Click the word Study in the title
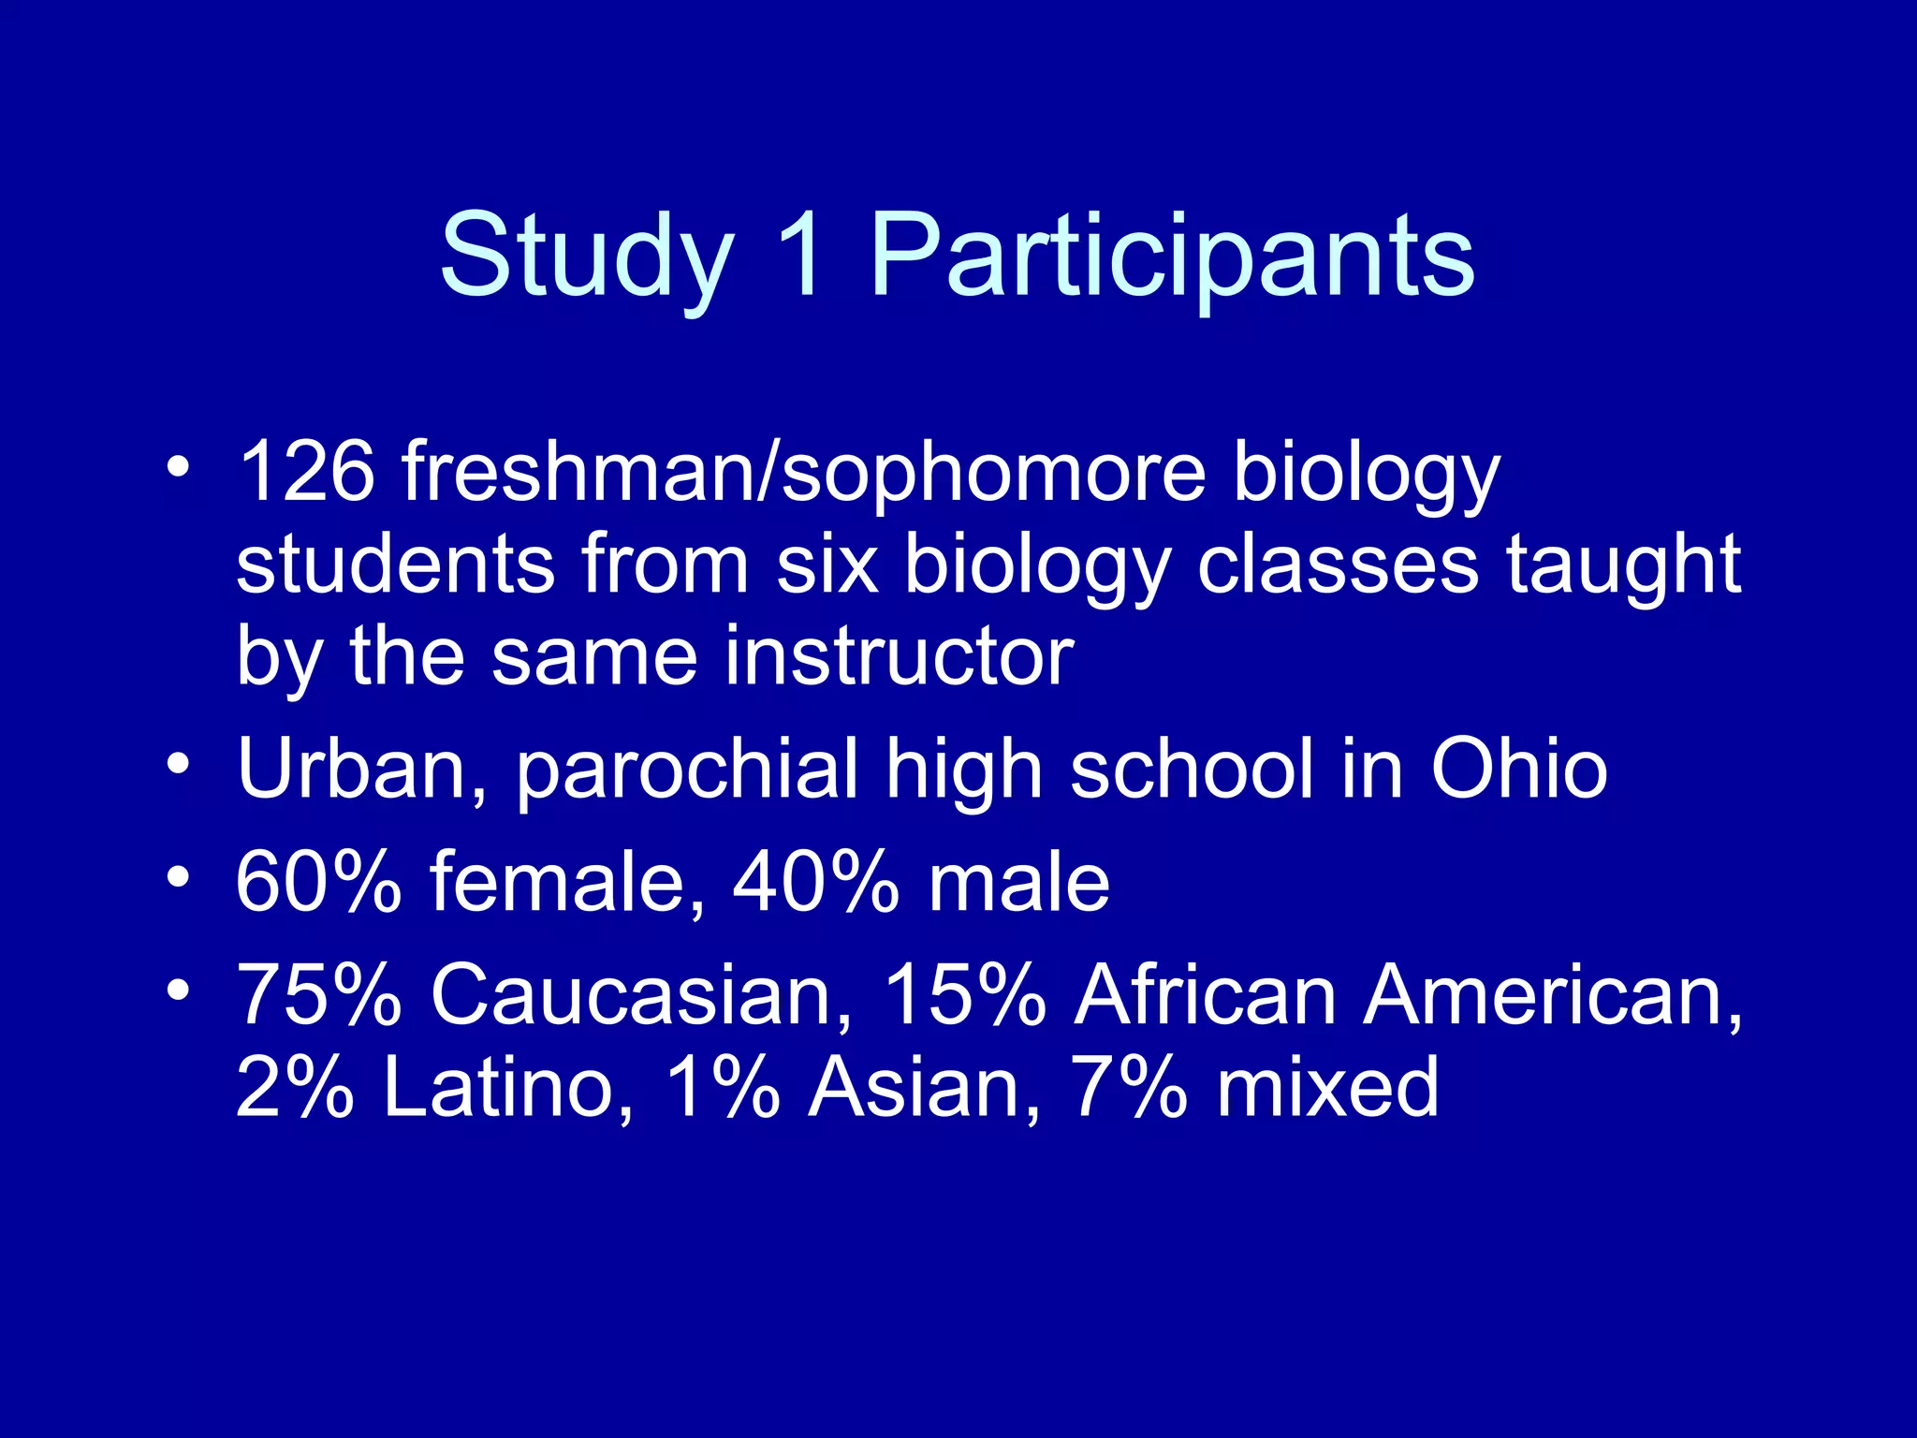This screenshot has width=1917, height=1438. pyautogui.click(x=586, y=255)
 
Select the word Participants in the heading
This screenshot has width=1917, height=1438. pyautogui.click(x=1172, y=255)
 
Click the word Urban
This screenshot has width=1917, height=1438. pyautogui.click(x=361, y=769)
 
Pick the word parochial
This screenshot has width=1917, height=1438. pyautogui.click(x=687, y=769)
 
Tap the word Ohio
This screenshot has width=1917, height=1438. pyautogui.click(x=1518, y=769)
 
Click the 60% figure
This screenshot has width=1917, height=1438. pyautogui.click(x=318, y=881)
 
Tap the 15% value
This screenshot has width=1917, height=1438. pyautogui.click(x=964, y=994)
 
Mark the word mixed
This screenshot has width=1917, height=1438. pyautogui.click(x=1326, y=1087)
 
